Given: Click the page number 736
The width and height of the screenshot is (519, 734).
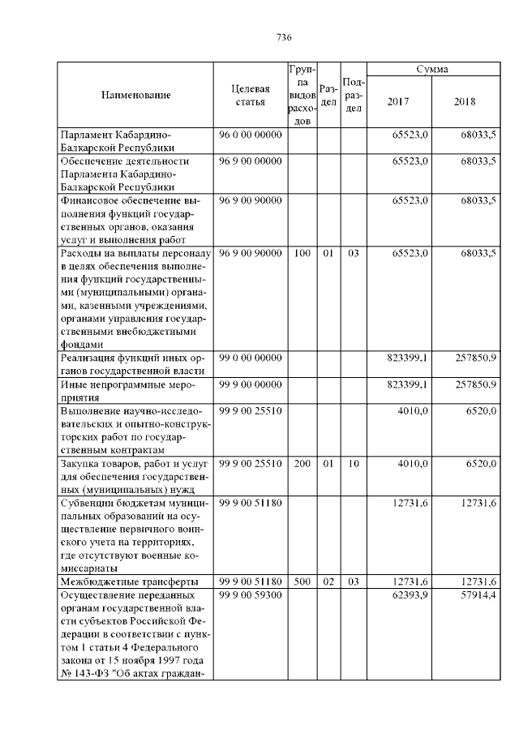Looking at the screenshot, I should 284,38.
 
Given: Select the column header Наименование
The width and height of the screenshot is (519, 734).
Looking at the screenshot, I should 135,96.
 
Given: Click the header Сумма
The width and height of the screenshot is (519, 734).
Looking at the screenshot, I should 433,71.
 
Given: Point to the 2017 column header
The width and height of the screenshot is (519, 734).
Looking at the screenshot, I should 398,102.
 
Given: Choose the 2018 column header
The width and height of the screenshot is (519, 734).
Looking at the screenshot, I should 465,102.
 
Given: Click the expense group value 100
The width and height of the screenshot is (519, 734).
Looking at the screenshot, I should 302,254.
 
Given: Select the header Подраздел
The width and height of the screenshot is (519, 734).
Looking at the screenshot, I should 353,96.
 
